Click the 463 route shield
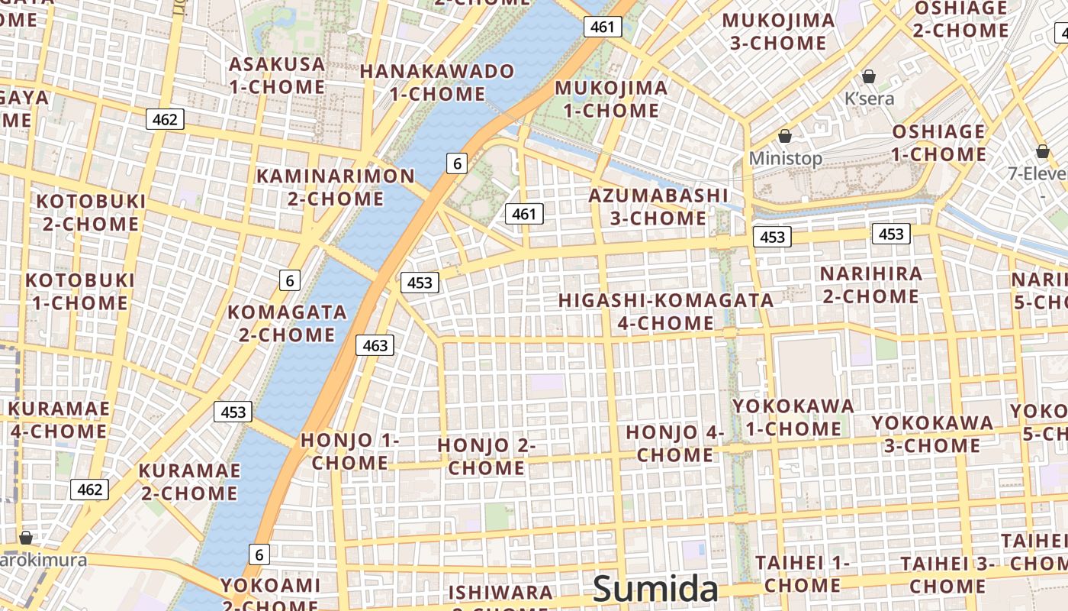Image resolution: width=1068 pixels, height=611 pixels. coord(375,345)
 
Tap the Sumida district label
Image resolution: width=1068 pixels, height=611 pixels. coord(655,589)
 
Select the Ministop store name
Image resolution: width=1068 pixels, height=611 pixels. coord(786,158)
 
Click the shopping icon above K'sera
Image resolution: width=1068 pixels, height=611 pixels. coord(868,76)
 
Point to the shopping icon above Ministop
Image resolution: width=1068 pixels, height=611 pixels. coord(785,136)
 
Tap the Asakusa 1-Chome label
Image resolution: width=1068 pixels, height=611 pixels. coord(277,75)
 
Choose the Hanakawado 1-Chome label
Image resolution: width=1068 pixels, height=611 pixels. coord(437,82)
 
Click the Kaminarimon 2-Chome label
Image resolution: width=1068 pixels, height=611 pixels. coord(336,187)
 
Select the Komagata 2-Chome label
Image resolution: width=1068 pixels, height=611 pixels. coord(287,323)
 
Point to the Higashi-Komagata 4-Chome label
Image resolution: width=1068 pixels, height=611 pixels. coord(666,312)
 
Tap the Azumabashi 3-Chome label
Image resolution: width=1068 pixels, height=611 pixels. coord(658,206)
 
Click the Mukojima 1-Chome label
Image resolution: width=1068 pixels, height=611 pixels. coord(611,99)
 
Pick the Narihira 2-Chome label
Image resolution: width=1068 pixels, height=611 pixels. coord(870,284)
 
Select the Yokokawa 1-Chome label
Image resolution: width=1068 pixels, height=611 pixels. coord(793,417)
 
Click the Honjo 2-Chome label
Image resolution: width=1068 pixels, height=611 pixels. coord(487,456)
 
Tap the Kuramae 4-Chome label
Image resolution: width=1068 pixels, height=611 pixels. coord(59,419)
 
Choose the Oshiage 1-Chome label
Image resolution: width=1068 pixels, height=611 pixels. coord(939,143)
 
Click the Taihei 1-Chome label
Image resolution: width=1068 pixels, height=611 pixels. coord(803,574)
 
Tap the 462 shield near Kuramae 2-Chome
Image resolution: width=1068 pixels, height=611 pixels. coord(90,490)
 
